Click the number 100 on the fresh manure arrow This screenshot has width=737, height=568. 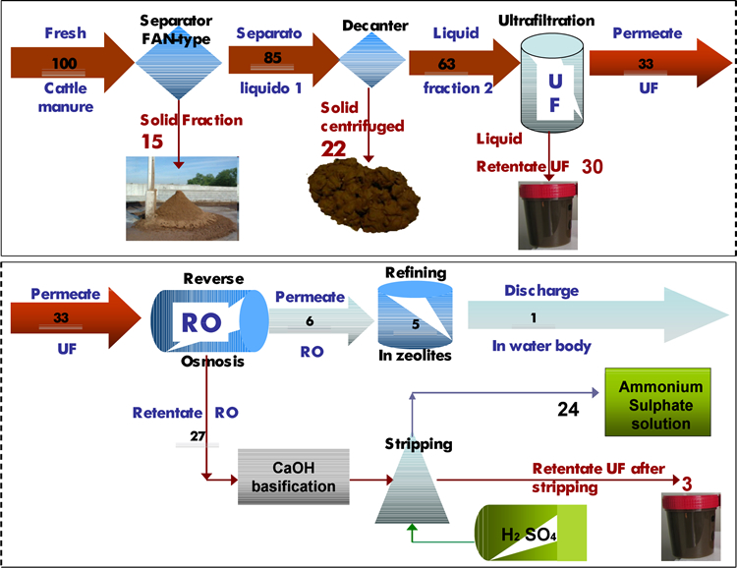click(64, 63)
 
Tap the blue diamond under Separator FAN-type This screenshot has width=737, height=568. click(179, 63)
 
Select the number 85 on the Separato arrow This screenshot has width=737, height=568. click(272, 58)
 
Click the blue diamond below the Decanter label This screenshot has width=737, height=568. click(371, 60)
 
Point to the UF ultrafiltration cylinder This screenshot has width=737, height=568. click(552, 84)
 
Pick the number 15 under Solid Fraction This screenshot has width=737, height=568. click(151, 142)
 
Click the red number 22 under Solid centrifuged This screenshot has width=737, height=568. click(333, 149)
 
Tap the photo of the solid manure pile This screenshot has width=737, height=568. click(183, 199)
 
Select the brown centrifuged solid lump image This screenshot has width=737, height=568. click(364, 194)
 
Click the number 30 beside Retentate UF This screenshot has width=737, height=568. click(593, 166)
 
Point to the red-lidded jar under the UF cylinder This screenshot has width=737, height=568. click(547, 215)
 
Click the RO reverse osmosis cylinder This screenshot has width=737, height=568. click(209, 320)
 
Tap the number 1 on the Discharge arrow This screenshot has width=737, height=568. click(534, 317)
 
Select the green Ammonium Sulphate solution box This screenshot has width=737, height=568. click(657, 402)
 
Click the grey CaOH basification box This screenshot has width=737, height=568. click(293, 477)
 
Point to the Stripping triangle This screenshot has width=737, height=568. click(412, 488)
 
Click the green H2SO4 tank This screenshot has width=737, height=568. click(531, 533)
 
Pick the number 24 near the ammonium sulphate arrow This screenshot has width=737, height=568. click(568, 410)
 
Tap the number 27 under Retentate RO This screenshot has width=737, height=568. click(198, 436)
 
